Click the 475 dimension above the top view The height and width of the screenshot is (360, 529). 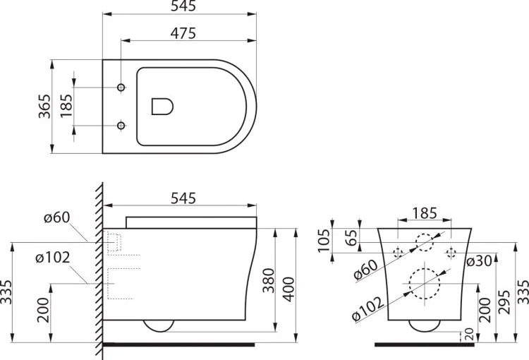182,33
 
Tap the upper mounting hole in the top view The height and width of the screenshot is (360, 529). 121,87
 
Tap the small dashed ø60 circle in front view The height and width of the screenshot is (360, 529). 424,242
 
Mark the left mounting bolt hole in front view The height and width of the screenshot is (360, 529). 397,252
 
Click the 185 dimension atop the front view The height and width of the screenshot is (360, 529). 423,212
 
